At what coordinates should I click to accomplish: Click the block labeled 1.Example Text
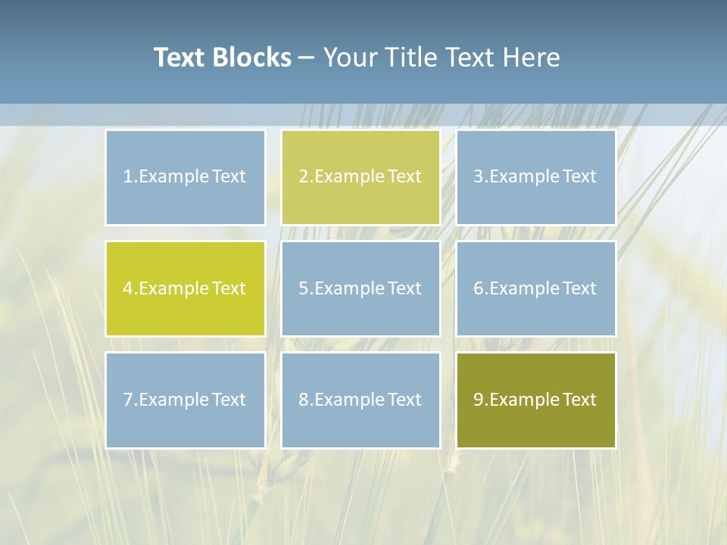[x=185, y=177]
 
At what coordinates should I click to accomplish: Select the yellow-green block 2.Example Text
[x=360, y=177]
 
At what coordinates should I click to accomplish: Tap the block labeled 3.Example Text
[x=535, y=177]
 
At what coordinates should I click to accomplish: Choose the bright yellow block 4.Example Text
[x=185, y=288]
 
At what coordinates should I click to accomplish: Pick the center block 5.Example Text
[x=360, y=288]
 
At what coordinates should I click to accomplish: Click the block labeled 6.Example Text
[x=535, y=288]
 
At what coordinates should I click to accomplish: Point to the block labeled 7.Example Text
[x=185, y=400]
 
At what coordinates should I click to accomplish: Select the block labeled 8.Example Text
[x=360, y=400]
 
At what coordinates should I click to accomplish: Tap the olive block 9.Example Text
[x=535, y=400]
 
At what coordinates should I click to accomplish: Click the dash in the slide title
[x=307, y=58]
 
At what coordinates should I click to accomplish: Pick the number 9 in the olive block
[x=479, y=400]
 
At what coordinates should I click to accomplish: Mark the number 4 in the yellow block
[x=128, y=288]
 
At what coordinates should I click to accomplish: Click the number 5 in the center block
[x=303, y=288]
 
